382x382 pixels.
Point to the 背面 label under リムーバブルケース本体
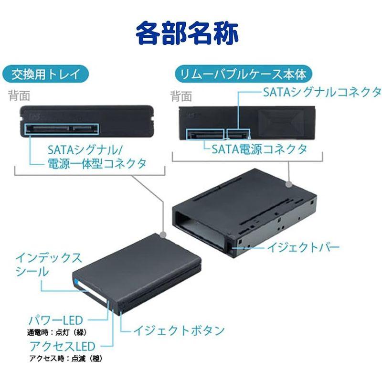pos(181,96)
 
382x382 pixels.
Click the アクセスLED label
pos(63,346)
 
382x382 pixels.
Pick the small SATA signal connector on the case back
pos(237,133)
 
